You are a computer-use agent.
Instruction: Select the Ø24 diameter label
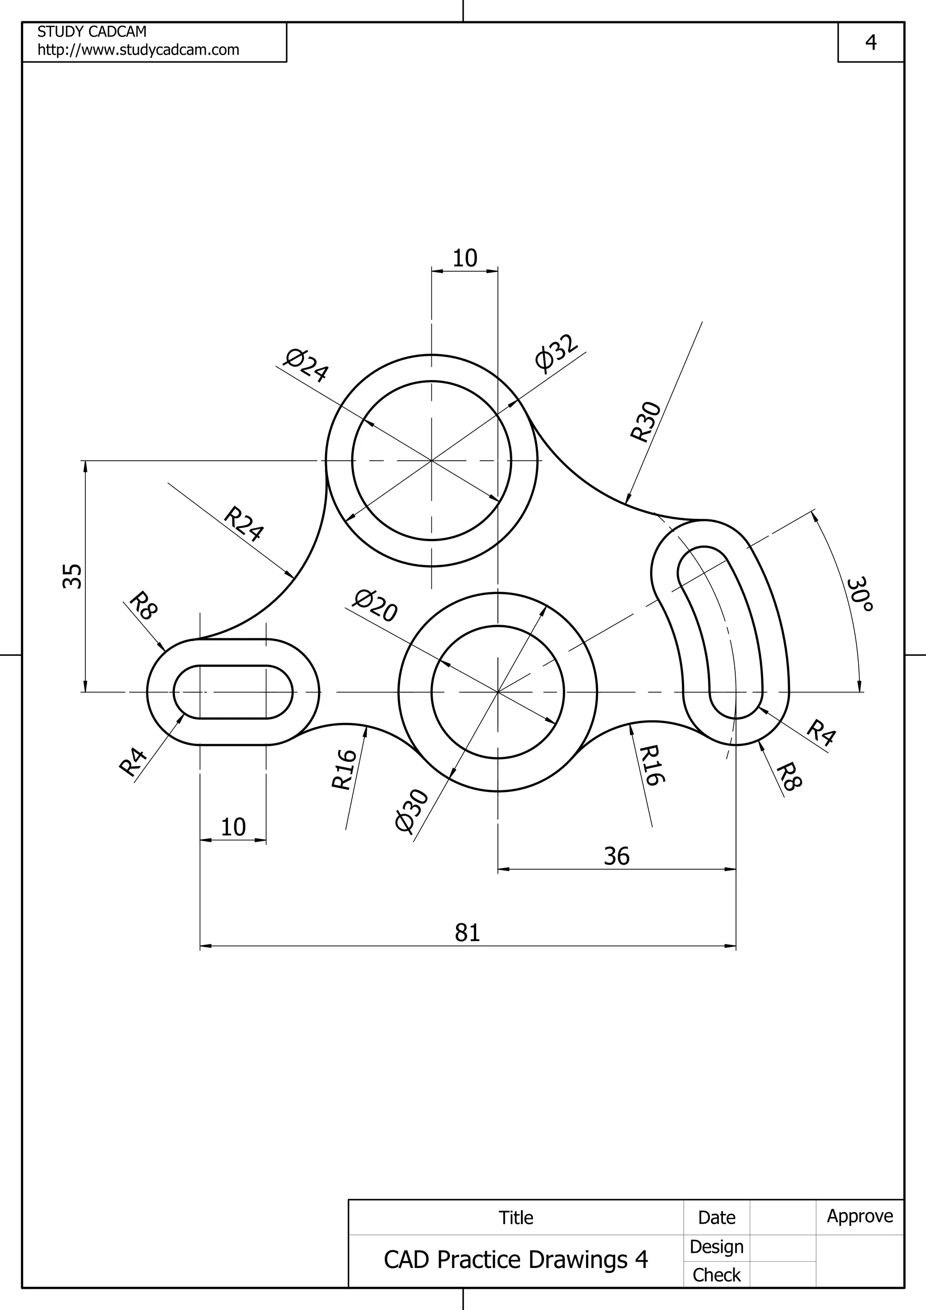point(307,366)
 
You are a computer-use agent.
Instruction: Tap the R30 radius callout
point(645,422)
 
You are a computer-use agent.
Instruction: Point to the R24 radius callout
point(244,523)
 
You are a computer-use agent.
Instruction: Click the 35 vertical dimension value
point(72,576)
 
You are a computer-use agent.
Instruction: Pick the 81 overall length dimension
point(467,932)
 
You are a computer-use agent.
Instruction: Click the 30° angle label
point(859,595)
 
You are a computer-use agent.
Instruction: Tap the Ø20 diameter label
point(375,606)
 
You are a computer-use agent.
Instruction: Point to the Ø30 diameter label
point(411,812)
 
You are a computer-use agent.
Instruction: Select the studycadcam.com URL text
point(138,50)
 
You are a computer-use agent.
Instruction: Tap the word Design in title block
point(716,1247)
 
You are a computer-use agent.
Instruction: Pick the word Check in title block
point(716,1275)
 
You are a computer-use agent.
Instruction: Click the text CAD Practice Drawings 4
point(516,1260)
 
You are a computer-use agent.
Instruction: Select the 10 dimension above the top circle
point(464,259)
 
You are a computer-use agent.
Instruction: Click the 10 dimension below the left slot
point(233,827)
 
